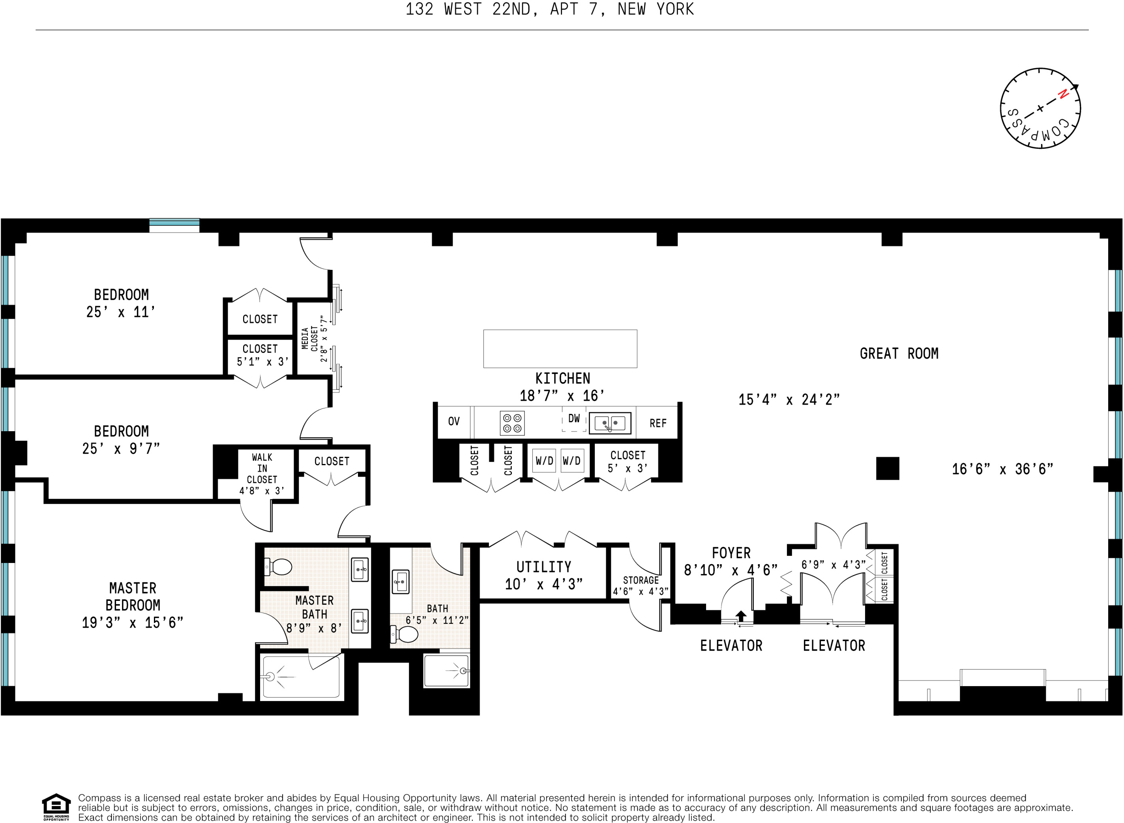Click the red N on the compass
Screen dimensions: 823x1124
[1063, 93]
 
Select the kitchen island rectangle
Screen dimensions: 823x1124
[560, 349]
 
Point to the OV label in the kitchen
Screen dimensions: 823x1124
[453, 421]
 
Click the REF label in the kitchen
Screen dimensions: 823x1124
[658, 423]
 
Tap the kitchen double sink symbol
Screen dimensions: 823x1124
[610, 423]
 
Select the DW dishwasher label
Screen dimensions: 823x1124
[574, 419]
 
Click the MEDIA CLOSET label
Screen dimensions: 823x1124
[309, 339]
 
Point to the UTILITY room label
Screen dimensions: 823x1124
[543, 567]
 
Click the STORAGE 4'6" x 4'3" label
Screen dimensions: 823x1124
[641, 586]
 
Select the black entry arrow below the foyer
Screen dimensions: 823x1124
[741, 616]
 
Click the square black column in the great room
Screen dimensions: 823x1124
[887, 468]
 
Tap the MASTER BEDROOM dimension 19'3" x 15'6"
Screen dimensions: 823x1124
[133, 623]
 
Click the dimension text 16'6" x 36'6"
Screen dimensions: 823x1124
[1002, 469]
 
